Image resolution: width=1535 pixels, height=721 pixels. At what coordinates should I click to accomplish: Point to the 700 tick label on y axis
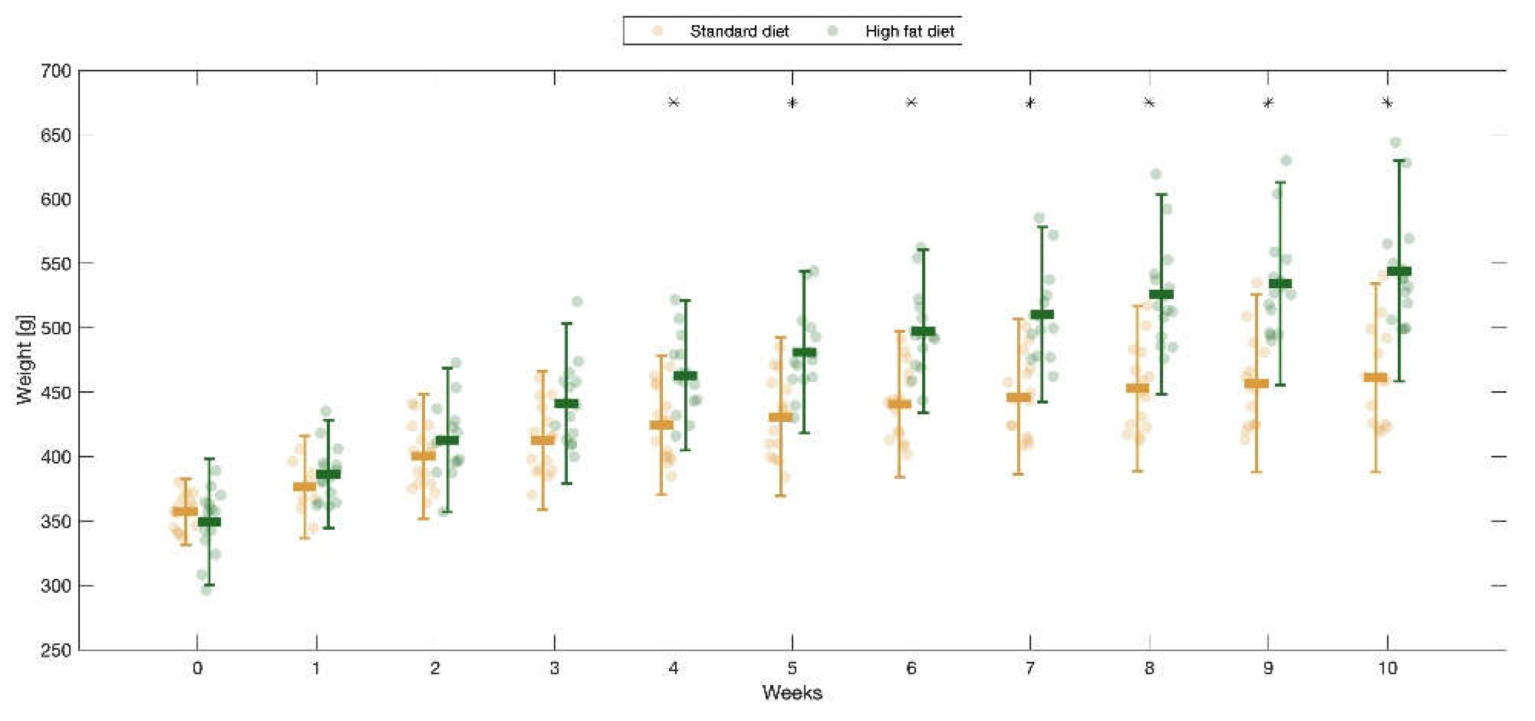[x=55, y=71]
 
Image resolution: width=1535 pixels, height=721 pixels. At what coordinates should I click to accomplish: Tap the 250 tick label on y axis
[x=55, y=650]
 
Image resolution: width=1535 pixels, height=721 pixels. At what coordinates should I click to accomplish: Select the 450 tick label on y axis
[x=55, y=393]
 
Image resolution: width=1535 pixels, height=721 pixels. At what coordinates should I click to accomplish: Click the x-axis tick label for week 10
[x=1387, y=669]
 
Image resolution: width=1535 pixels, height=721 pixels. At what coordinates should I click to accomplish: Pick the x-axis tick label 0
[x=198, y=669]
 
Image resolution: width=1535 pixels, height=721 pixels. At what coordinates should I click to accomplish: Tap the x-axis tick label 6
[x=911, y=669]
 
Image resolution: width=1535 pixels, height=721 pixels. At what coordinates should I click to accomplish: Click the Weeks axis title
[x=792, y=693]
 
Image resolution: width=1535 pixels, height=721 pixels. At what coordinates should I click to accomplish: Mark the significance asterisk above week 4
[x=674, y=102]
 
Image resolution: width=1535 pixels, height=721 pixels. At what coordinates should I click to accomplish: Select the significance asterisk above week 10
[x=1387, y=103]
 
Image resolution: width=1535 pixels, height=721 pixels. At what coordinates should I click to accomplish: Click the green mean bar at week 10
[x=1399, y=271]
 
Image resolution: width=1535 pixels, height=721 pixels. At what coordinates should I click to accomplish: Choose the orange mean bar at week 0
[x=185, y=511]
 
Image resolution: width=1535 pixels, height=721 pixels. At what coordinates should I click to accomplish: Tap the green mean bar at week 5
[x=805, y=353]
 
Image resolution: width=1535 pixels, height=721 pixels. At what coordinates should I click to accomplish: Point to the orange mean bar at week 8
[x=1138, y=388]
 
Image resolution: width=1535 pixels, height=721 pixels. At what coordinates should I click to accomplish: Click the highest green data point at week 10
[x=1395, y=142]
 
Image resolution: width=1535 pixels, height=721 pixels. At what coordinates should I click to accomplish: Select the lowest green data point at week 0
[x=206, y=590]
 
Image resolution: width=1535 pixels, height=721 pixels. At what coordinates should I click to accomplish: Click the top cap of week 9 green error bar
[x=1280, y=182]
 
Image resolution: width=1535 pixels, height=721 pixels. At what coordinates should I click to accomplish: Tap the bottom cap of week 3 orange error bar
[x=542, y=509]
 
